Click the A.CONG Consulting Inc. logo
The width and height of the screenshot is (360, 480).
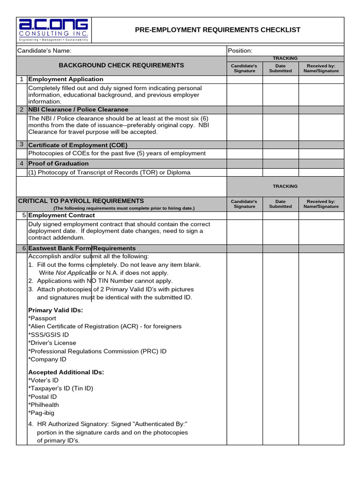[x=53, y=30]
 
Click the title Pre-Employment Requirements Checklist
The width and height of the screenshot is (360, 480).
[x=217, y=30]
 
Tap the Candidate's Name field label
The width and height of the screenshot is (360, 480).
[x=45, y=51]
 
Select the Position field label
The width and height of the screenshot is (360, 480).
[x=240, y=51]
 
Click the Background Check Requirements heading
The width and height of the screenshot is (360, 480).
[x=121, y=65]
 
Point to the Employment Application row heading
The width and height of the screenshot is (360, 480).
[x=66, y=79]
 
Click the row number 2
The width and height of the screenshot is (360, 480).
[x=22, y=110]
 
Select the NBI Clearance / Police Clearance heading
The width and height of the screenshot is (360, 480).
[x=78, y=110]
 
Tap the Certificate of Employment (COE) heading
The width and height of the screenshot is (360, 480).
[x=78, y=145]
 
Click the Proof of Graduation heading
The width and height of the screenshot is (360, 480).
[x=58, y=164]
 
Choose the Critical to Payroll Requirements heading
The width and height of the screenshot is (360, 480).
[x=81, y=201]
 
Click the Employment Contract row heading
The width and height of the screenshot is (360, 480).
[x=61, y=215]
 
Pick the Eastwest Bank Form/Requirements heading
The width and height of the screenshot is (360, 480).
[x=82, y=248]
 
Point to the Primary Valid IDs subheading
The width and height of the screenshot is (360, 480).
[x=55, y=310]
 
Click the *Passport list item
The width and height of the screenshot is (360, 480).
[x=42, y=318]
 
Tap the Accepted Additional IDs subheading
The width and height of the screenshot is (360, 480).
[x=66, y=372]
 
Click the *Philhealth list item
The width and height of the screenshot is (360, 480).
[x=44, y=405]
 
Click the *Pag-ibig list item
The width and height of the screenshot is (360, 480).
[x=42, y=413]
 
